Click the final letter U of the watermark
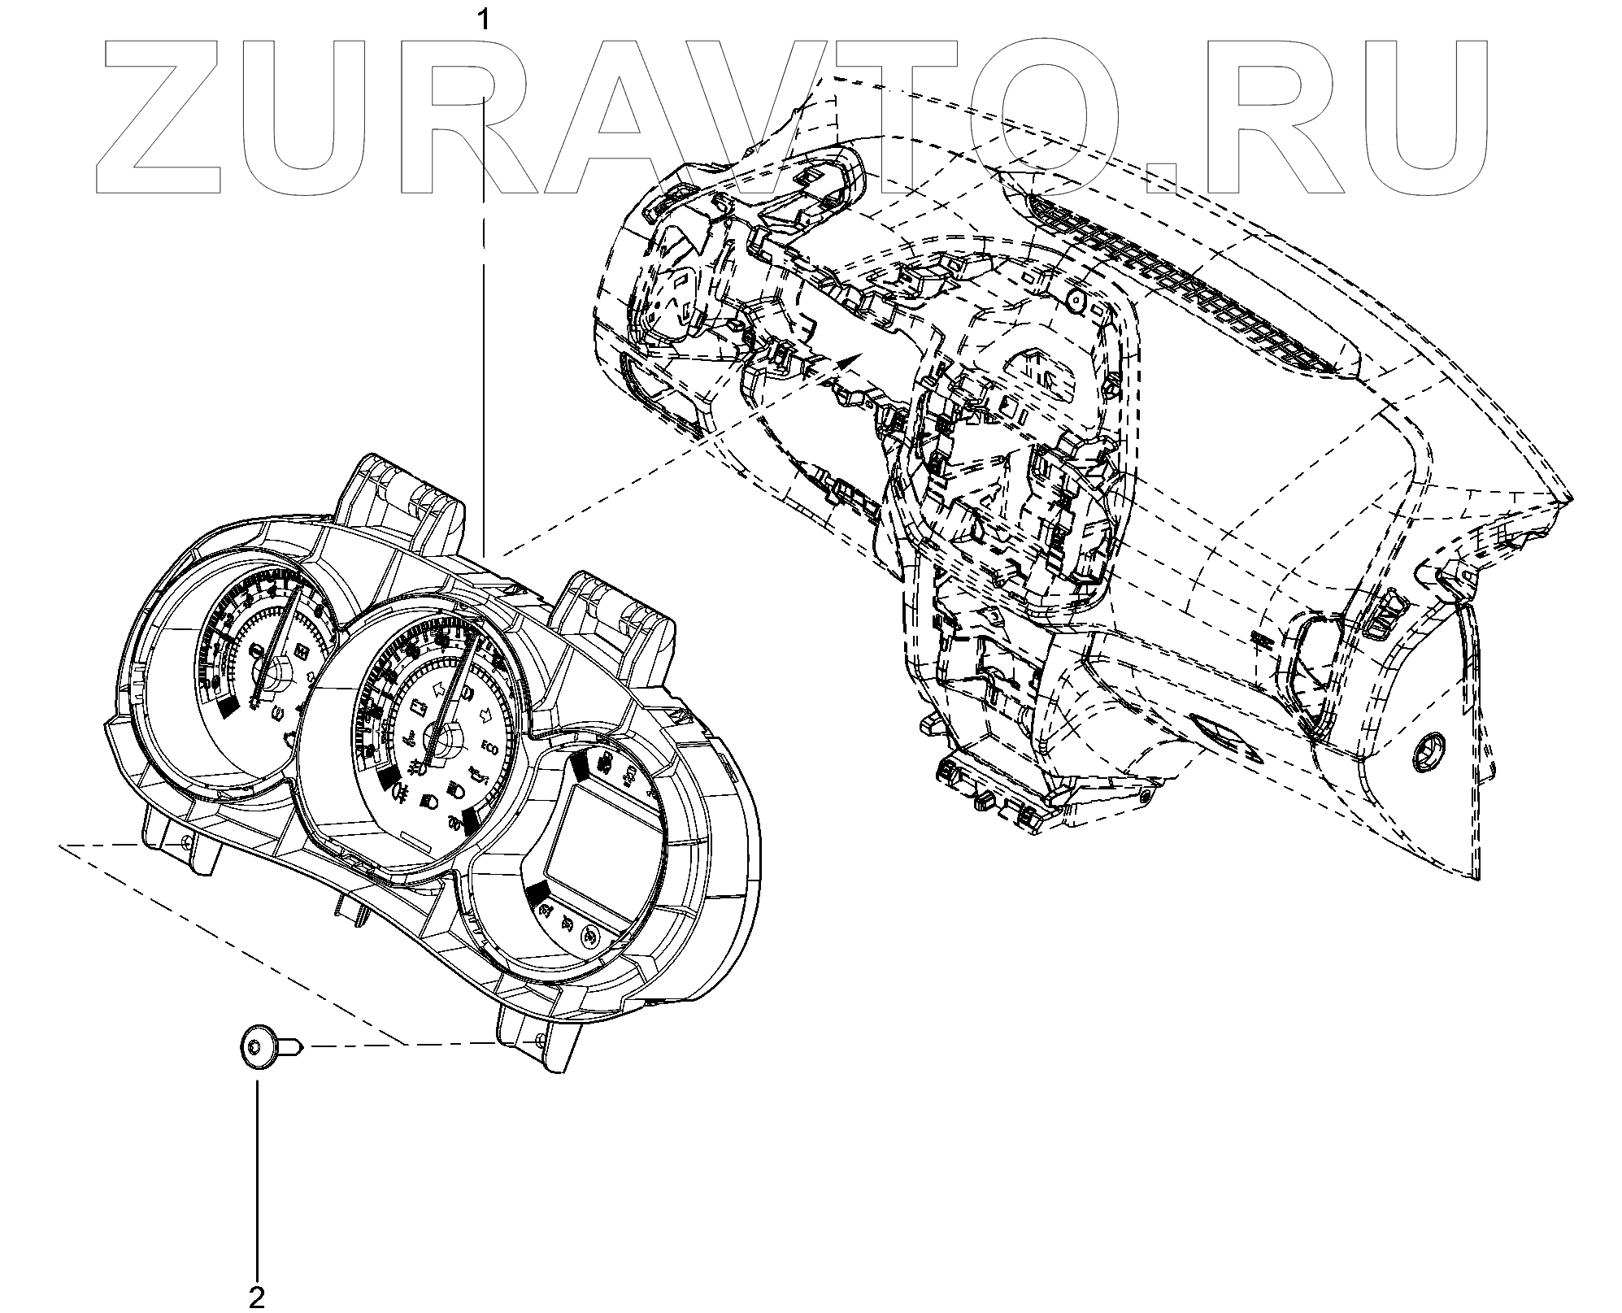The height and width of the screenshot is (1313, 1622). tap(1411, 118)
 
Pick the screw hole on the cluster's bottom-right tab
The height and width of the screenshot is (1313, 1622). tap(540, 1041)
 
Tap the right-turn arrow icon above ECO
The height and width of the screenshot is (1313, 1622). tap(485, 717)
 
